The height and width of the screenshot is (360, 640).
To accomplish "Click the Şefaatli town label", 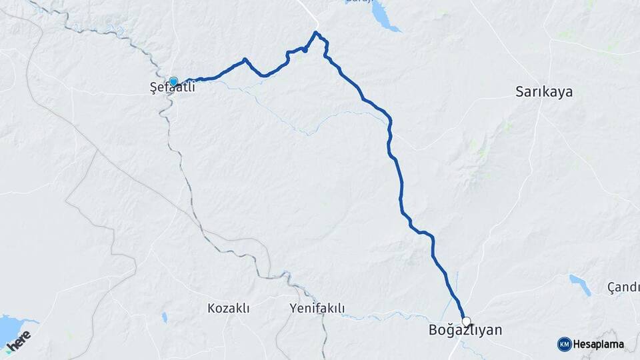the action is click(x=171, y=87).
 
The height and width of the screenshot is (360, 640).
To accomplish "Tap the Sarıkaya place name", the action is click(x=544, y=91).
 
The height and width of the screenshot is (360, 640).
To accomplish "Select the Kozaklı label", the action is click(x=228, y=308).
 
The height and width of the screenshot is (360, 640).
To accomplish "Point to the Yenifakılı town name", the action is click(x=317, y=308).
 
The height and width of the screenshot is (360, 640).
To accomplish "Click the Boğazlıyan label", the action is click(x=465, y=330).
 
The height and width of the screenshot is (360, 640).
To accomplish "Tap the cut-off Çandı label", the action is click(x=623, y=287).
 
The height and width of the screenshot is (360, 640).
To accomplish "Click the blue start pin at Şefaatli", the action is click(x=173, y=82).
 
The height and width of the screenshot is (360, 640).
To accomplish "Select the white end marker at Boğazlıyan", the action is click(x=466, y=321).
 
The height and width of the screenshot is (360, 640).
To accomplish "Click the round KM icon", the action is click(x=564, y=344).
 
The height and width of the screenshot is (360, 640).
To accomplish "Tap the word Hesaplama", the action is click(x=598, y=344).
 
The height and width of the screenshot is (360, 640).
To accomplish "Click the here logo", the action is click(x=19, y=340).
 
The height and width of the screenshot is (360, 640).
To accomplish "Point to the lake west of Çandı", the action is click(x=580, y=285).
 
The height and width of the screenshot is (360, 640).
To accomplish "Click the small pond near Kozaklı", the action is click(x=164, y=317).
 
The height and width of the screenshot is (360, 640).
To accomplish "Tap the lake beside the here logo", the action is click(x=9, y=328).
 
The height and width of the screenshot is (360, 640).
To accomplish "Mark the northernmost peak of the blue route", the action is click(x=317, y=32).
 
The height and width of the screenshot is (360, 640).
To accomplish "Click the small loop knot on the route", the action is click(x=304, y=49).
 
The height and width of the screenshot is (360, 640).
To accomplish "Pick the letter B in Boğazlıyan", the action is click(x=431, y=330).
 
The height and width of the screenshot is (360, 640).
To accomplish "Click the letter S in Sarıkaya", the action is click(x=519, y=91).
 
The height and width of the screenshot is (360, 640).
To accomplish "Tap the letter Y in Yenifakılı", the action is click(x=294, y=308).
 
